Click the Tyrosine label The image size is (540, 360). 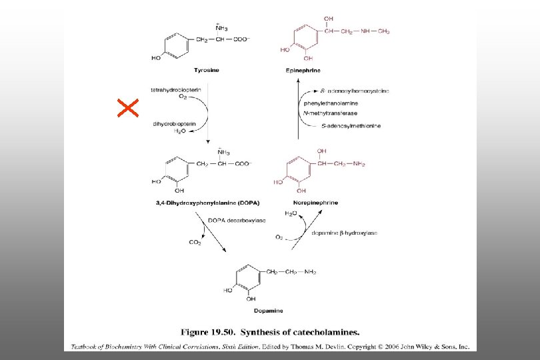coord(206,69)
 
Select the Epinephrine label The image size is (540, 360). coord(302,69)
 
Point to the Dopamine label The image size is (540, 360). coord(268,311)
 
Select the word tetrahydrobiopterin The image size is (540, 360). coord(175,89)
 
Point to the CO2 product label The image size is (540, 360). coord(195,243)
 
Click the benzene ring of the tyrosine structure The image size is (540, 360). coord(175,47)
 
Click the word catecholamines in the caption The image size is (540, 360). coord(322,331)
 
